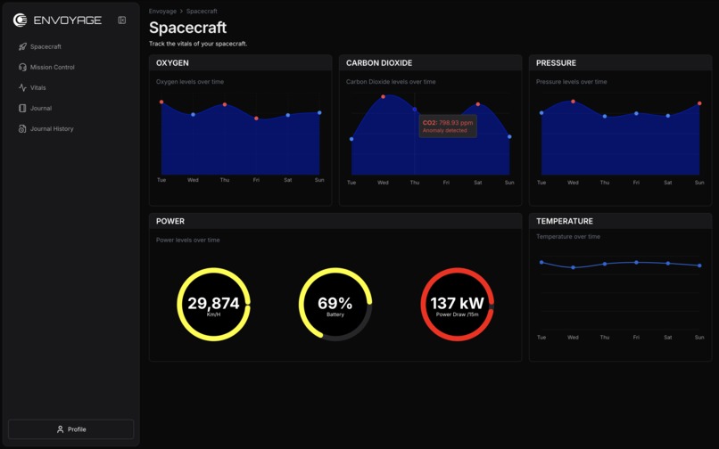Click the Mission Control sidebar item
coord(52,67)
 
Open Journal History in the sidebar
coord(51,129)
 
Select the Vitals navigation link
coord(37,87)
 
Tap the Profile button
coord(71,429)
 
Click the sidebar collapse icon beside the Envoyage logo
coord(122,20)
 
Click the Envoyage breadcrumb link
coord(162,12)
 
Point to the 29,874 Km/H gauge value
coord(214,305)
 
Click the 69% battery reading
coord(335,305)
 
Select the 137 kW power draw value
coord(457,305)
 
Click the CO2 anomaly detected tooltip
coord(448,127)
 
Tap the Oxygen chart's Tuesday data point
coord(161,102)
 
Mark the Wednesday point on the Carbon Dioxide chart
coord(384,97)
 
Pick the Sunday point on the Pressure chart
coord(699,103)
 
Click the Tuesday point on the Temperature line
coord(541,263)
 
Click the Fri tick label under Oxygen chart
coord(256,180)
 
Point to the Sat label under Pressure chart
coord(668,183)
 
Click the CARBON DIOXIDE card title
coord(379,63)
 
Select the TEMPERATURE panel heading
coord(565,221)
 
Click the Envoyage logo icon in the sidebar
coord(21,20)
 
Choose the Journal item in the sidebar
coord(40,109)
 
